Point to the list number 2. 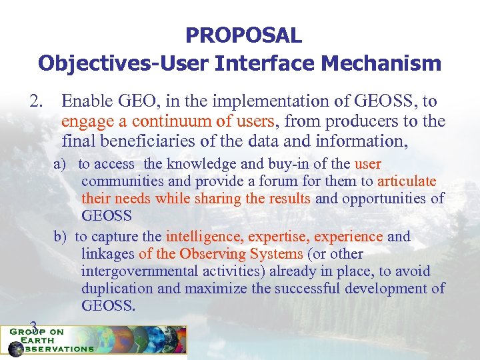[35, 101]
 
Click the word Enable [85, 101]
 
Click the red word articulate [407, 181]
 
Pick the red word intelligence [205, 237]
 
